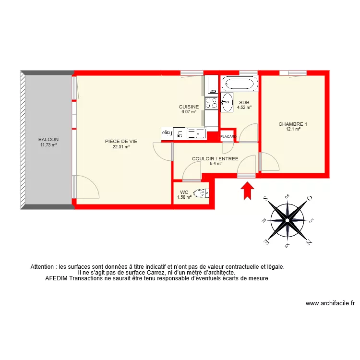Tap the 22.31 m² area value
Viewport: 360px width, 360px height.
(x=121, y=147)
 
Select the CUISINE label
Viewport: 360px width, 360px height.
(x=189, y=107)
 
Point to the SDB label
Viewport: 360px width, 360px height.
(x=244, y=102)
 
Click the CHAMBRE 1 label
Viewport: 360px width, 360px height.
(x=293, y=124)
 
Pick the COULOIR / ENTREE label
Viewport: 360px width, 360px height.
(x=215, y=158)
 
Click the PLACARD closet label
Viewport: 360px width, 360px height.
(x=228, y=137)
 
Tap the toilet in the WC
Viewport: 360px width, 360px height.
(x=205, y=193)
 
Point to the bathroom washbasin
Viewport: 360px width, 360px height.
(x=227, y=102)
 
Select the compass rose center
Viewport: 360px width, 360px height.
(x=287, y=220)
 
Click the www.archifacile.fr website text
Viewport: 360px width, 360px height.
(x=330, y=303)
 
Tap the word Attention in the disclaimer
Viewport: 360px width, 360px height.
(x=44, y=266)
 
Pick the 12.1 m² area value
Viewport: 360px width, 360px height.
(x=293, y=129)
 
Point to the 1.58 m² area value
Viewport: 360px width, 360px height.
(x=184, y=196)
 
